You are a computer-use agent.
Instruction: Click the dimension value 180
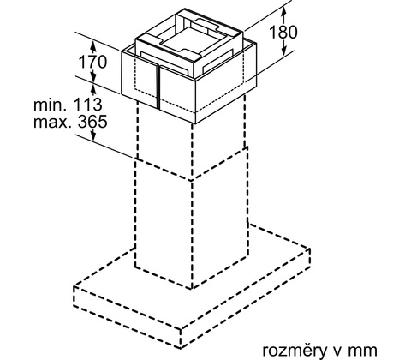(283, 32)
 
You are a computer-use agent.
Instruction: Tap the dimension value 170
(92, 62)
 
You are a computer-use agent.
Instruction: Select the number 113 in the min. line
(88, 105)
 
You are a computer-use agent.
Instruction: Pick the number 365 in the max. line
(92, 122)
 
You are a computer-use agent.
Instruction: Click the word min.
(51, 105)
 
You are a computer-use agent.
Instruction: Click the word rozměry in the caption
(295, 351)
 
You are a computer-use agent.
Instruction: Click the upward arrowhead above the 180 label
(283, 12)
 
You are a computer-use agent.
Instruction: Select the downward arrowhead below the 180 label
(283, 51)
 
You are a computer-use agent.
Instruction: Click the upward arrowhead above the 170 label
(93, 45)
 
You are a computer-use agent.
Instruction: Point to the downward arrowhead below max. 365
(93, 135)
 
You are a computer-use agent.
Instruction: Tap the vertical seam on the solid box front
(158, 87)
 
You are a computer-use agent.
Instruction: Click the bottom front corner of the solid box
(195, 123)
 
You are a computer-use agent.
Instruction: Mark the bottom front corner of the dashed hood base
(181, 348)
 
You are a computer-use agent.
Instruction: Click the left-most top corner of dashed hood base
(74, 286)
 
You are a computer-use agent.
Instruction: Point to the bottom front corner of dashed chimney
(192, 289)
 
